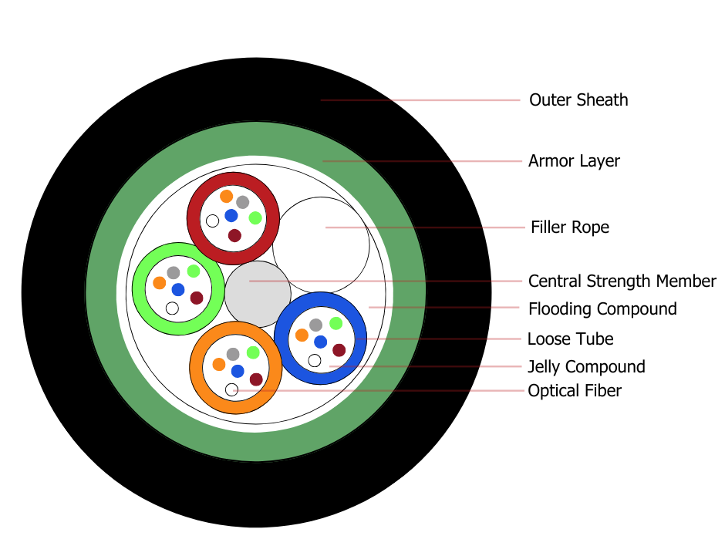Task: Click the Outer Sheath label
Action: tap(578, 99)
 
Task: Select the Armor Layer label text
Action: tap(574, 161)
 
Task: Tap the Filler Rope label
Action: tap(570, 227)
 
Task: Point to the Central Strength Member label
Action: tap(622, 281)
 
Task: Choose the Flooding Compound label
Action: tap(602, 308)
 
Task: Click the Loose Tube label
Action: tap(570, 339)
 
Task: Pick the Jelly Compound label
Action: tap(586, 366)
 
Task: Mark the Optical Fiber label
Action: tap(575, 390)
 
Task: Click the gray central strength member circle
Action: tap(258, 294)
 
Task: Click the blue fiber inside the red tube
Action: tap(231, 215)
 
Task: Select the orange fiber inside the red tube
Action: tap(226, 197)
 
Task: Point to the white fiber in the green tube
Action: tap(172, 308)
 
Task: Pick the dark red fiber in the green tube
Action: tap(197, 298)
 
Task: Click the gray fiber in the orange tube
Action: tap(233, 354)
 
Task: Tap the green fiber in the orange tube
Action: tap(253, 352)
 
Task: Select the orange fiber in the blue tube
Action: tap(302, 335)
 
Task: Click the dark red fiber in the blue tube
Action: tap(339, 350)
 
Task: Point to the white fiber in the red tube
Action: tap(212, 221)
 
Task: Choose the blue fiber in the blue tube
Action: tap(320, 342)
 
